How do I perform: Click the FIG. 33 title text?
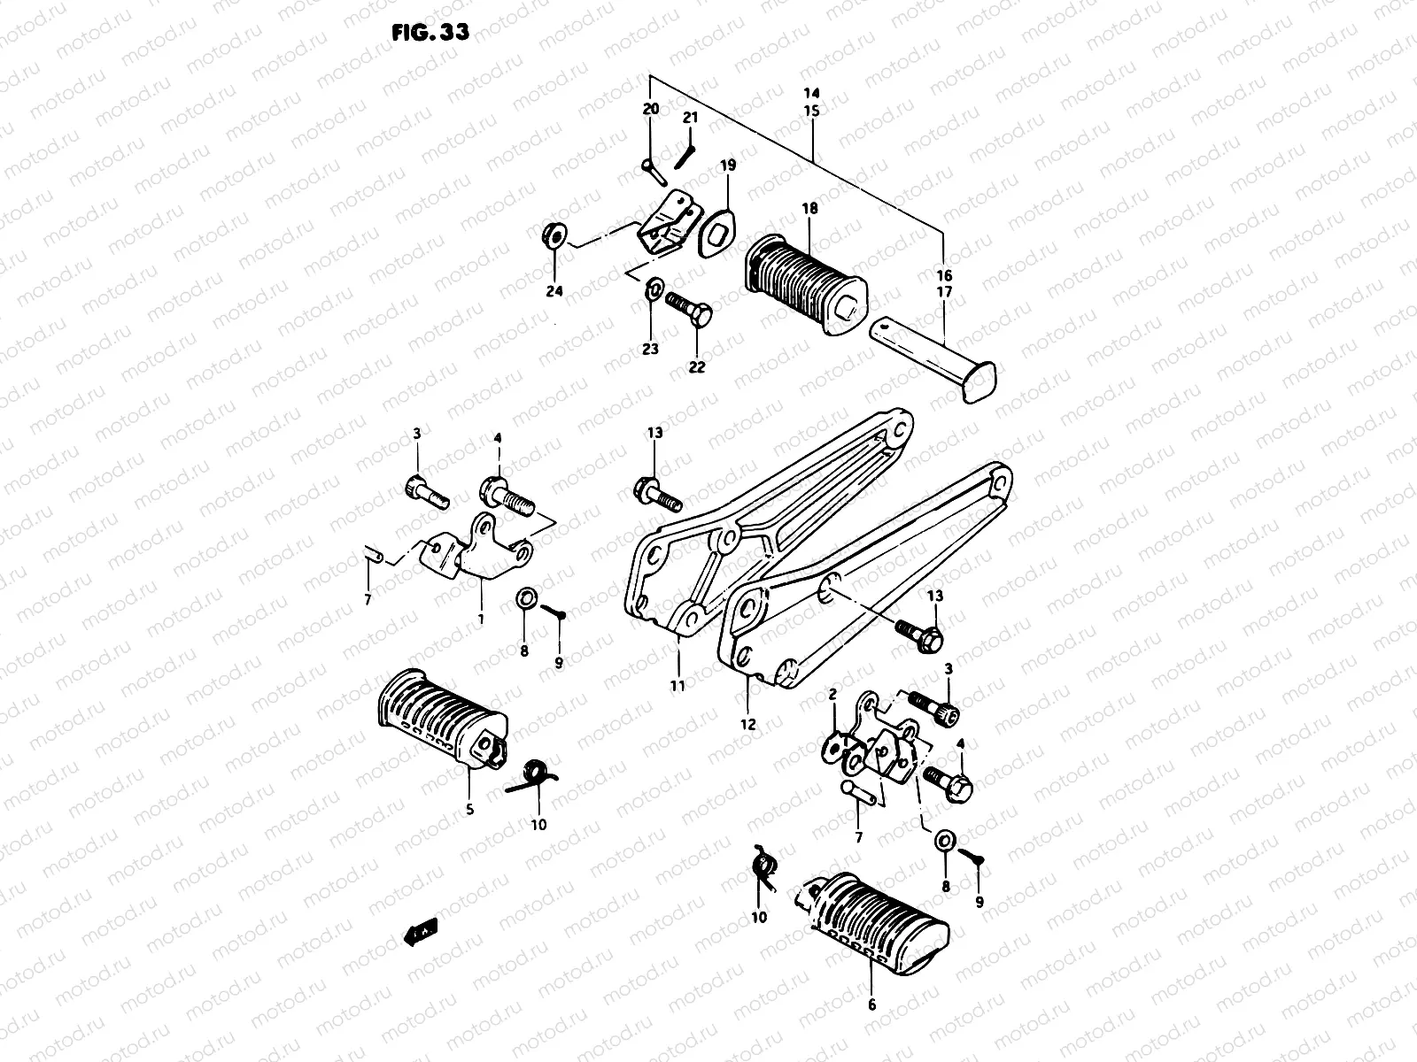click(430, 31)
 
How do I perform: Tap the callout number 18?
click(810, 209)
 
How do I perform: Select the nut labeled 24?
click(553, 236)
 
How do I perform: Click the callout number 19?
click(727, 165)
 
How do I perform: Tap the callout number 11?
click(678, 685)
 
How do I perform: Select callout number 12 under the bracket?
click(748, 724)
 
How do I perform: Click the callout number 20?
click(651, 109)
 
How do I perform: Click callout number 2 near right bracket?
click(832, 696)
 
